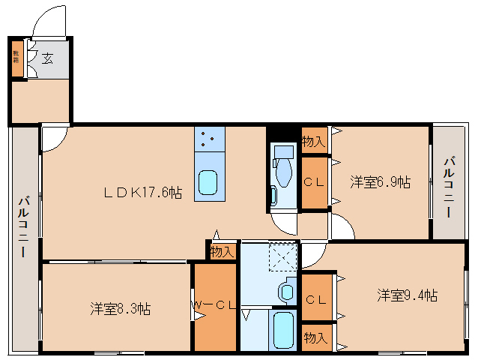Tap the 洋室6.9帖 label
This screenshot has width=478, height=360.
380,181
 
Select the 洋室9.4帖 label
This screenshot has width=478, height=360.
407,295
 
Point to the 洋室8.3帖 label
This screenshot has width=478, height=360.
121,308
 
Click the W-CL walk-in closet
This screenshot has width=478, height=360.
215,305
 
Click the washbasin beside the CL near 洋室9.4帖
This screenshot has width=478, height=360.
287,290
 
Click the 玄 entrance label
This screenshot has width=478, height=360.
47,58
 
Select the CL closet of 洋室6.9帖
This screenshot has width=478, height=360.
314,181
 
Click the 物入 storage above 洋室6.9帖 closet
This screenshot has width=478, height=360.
314,141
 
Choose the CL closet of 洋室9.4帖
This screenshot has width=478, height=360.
316,298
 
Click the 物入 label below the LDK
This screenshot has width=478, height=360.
223,251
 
